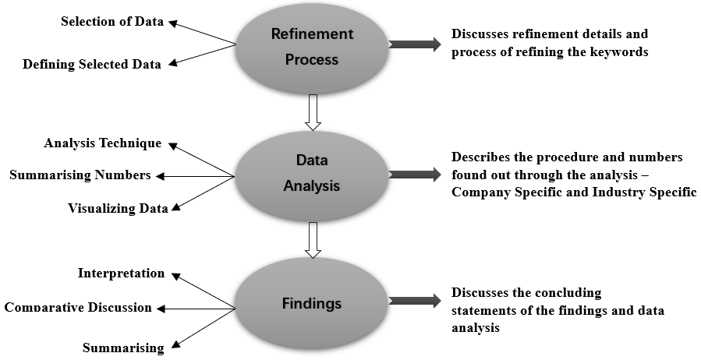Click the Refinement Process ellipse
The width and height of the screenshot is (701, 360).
tap(312, 47)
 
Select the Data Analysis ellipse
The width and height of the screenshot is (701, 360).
tap(312, 174)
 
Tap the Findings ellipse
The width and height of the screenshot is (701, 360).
tap(312, 302)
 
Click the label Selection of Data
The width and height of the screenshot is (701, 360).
tap(112, 22)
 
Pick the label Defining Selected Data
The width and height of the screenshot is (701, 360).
tap(92, 65)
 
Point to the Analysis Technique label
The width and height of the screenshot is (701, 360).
tap(103, 143)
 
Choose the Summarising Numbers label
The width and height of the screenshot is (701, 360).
tap(80, 175)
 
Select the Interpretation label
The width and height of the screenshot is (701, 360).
tap(122, 274)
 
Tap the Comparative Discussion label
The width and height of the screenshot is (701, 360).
tap(78, 307)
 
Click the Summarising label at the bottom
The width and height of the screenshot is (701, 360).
tap(124, 348)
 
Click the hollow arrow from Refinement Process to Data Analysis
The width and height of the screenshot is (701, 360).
tap(313, 112)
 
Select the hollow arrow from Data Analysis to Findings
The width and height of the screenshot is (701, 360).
tap(313, 240)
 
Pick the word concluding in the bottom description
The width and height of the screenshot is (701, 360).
tap(567, 293)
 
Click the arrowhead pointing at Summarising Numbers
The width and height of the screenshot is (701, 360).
tap(161, 176)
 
